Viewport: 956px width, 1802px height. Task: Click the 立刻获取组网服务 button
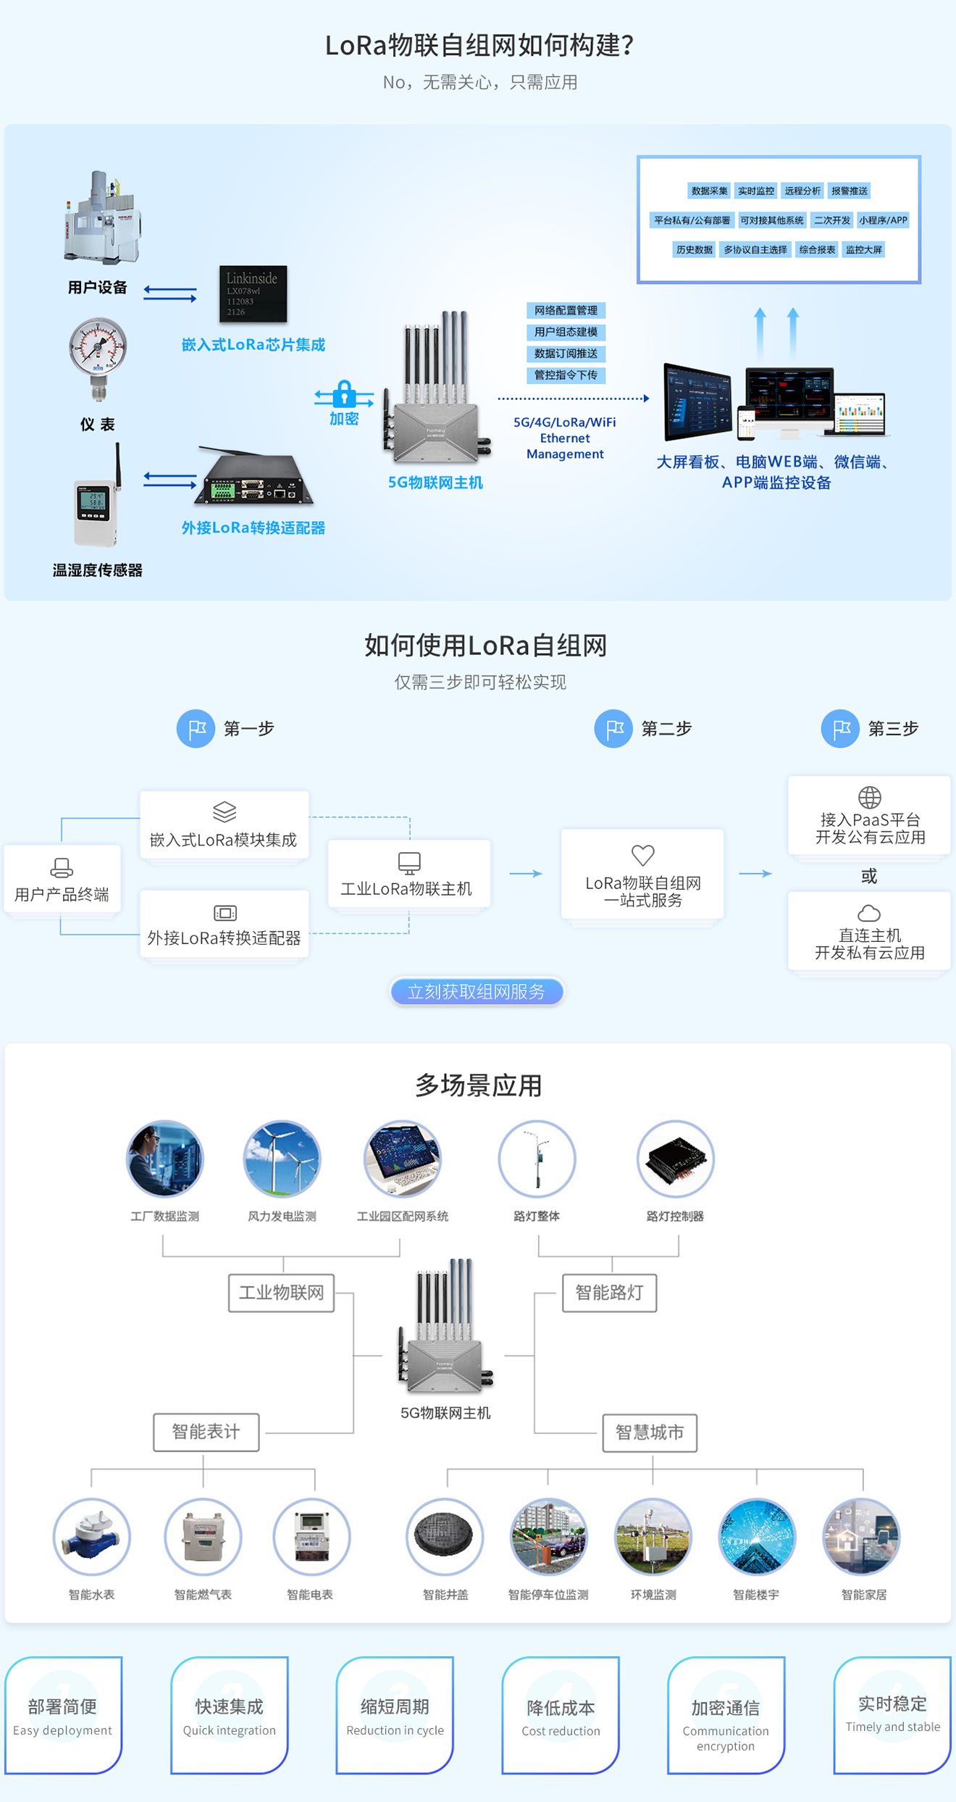477,991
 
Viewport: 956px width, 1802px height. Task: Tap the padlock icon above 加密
344,394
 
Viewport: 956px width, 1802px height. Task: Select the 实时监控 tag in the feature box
755,191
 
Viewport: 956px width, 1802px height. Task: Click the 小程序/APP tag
883,220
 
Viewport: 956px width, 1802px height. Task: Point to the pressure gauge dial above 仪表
98,347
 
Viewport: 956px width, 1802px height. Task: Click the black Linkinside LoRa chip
253,293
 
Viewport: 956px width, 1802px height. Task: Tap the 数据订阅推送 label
566,354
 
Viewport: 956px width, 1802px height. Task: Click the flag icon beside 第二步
613,728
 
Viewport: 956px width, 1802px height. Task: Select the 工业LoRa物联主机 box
408,874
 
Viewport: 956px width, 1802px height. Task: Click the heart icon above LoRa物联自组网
642,855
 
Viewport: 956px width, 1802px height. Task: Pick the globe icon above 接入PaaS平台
869,797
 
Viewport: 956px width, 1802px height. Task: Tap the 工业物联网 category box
281,1293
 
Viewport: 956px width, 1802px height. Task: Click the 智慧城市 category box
650,1432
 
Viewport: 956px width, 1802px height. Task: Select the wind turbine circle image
282,1159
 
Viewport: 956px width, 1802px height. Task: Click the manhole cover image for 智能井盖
444,1536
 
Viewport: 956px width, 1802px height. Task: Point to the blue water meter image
91,1536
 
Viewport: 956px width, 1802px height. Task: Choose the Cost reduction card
561,1714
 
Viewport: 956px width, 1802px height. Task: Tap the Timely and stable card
892,1714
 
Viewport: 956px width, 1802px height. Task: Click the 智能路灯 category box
609,1293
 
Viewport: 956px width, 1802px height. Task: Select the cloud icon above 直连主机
869,913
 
